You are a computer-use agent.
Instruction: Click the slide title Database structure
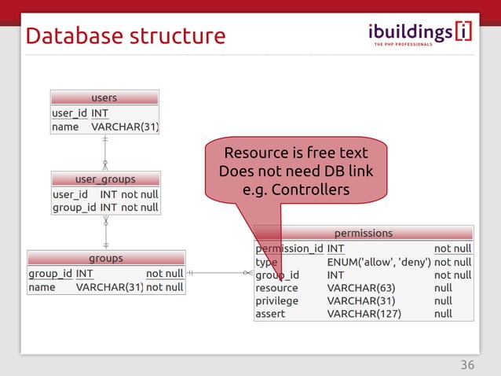[126, 36]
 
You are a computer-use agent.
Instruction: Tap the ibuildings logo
[420, 34]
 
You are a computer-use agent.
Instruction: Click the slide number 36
[467, 365]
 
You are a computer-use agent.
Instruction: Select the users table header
[104, 98]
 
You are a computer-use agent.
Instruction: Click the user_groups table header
[105, 179]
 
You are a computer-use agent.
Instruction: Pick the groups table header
[105, 258]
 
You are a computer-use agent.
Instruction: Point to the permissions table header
[364, 233]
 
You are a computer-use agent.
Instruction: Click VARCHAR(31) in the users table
[125, 127]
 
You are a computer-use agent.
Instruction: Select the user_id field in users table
[69, 113]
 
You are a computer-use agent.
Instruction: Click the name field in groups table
[42, 287]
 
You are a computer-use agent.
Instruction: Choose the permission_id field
[289, 249]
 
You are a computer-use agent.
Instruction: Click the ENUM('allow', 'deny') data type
[378, 262]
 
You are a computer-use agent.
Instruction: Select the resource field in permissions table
[276, 288]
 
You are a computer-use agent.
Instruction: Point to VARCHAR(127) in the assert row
[364, 314]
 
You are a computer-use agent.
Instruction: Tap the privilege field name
[277, 300]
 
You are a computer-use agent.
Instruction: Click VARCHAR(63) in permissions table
[360, 288]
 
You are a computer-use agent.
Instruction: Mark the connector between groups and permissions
[220, 273]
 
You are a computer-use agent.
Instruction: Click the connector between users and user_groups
[104, 153]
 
